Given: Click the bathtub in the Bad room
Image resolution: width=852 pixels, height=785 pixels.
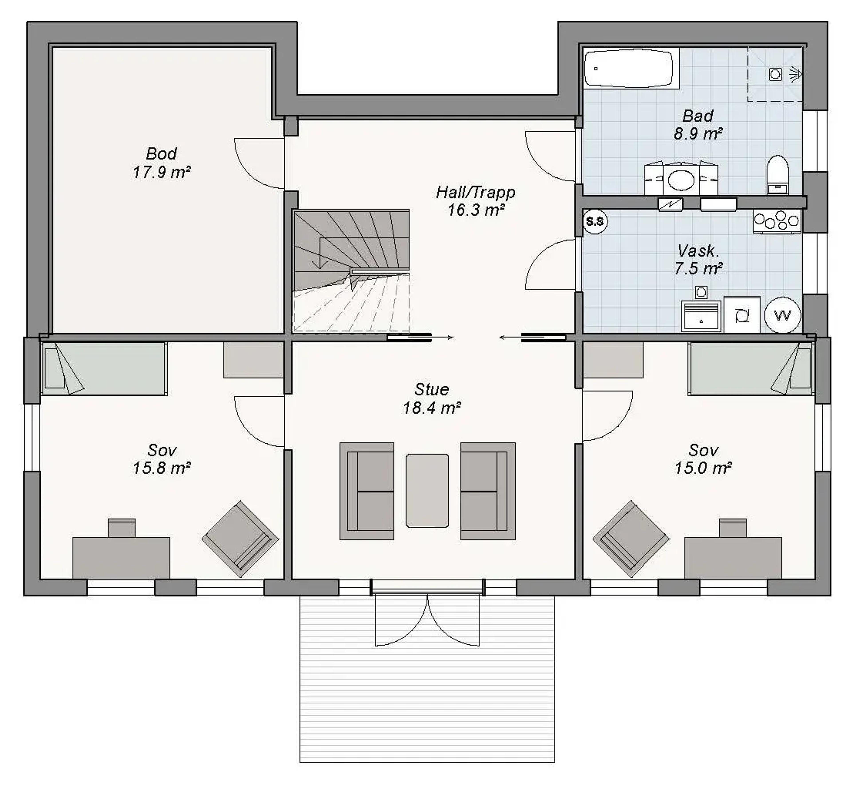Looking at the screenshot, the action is pyautogui.click(x=628, y=68).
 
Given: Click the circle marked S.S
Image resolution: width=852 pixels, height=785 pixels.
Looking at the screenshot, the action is pyautogui.click(x=595, y=221).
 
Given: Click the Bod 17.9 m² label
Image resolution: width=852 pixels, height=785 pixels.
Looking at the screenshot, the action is pyautogui.click(x=161, y=163).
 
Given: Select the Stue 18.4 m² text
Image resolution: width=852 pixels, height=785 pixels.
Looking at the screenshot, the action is pyautogui.click(x=432, y=398).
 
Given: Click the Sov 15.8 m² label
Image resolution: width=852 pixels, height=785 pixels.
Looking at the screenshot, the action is pyautogui.click(x=161, y=459).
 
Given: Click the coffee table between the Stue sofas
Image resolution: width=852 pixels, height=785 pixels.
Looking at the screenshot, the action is pyautogui.click(x=427, y=491).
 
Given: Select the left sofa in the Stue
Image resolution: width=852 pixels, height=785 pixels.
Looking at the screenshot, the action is pyautogui.click(x=367, y=491).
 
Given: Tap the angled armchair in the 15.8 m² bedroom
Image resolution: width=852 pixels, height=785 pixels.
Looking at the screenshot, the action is pyautogui.click(x=240, y=539).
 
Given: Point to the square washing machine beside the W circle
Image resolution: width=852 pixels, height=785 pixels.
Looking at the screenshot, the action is pyautogui.click(x=742, y=315).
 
